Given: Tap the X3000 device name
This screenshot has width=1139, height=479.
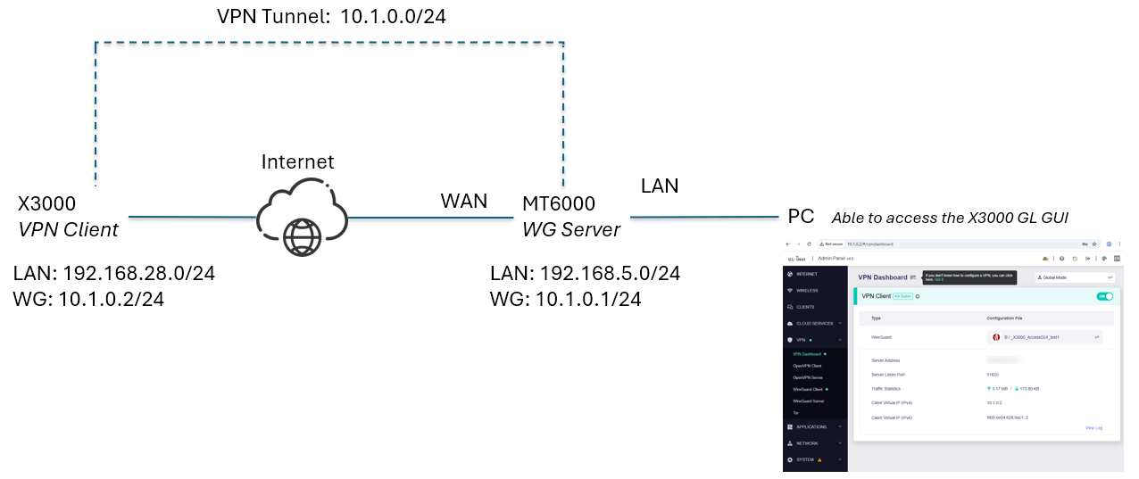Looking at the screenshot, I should click(46, 203).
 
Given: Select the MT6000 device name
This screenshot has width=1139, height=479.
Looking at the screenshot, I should click(559, 203).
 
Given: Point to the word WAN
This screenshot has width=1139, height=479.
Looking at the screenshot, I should click(464, 201).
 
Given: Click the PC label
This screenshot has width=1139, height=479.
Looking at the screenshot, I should click(801, 217).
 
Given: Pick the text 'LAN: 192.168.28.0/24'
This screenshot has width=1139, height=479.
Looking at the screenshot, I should click(115, 273).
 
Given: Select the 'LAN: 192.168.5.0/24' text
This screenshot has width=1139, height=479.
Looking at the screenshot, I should click(586, 273).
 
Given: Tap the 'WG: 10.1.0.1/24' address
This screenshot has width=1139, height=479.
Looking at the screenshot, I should click(565, 299).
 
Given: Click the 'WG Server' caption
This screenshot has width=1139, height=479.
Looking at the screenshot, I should click(571, 229).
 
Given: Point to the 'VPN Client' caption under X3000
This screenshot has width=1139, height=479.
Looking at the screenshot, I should click(68, 229).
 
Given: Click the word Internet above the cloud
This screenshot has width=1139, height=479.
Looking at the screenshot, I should click(297, 161).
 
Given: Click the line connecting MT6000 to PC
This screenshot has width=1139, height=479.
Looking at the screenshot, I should click(705, 217).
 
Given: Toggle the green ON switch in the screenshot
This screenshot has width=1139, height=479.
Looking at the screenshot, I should click(1104, 296).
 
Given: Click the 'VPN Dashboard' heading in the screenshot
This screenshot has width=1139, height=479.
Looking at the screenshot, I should click(882, 277).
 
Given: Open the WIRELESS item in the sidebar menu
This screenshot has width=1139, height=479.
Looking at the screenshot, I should click(807, 290).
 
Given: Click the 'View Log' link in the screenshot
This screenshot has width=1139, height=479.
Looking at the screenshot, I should click(1093, 428).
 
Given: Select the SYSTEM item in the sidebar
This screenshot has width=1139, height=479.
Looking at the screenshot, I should click(805, 459).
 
